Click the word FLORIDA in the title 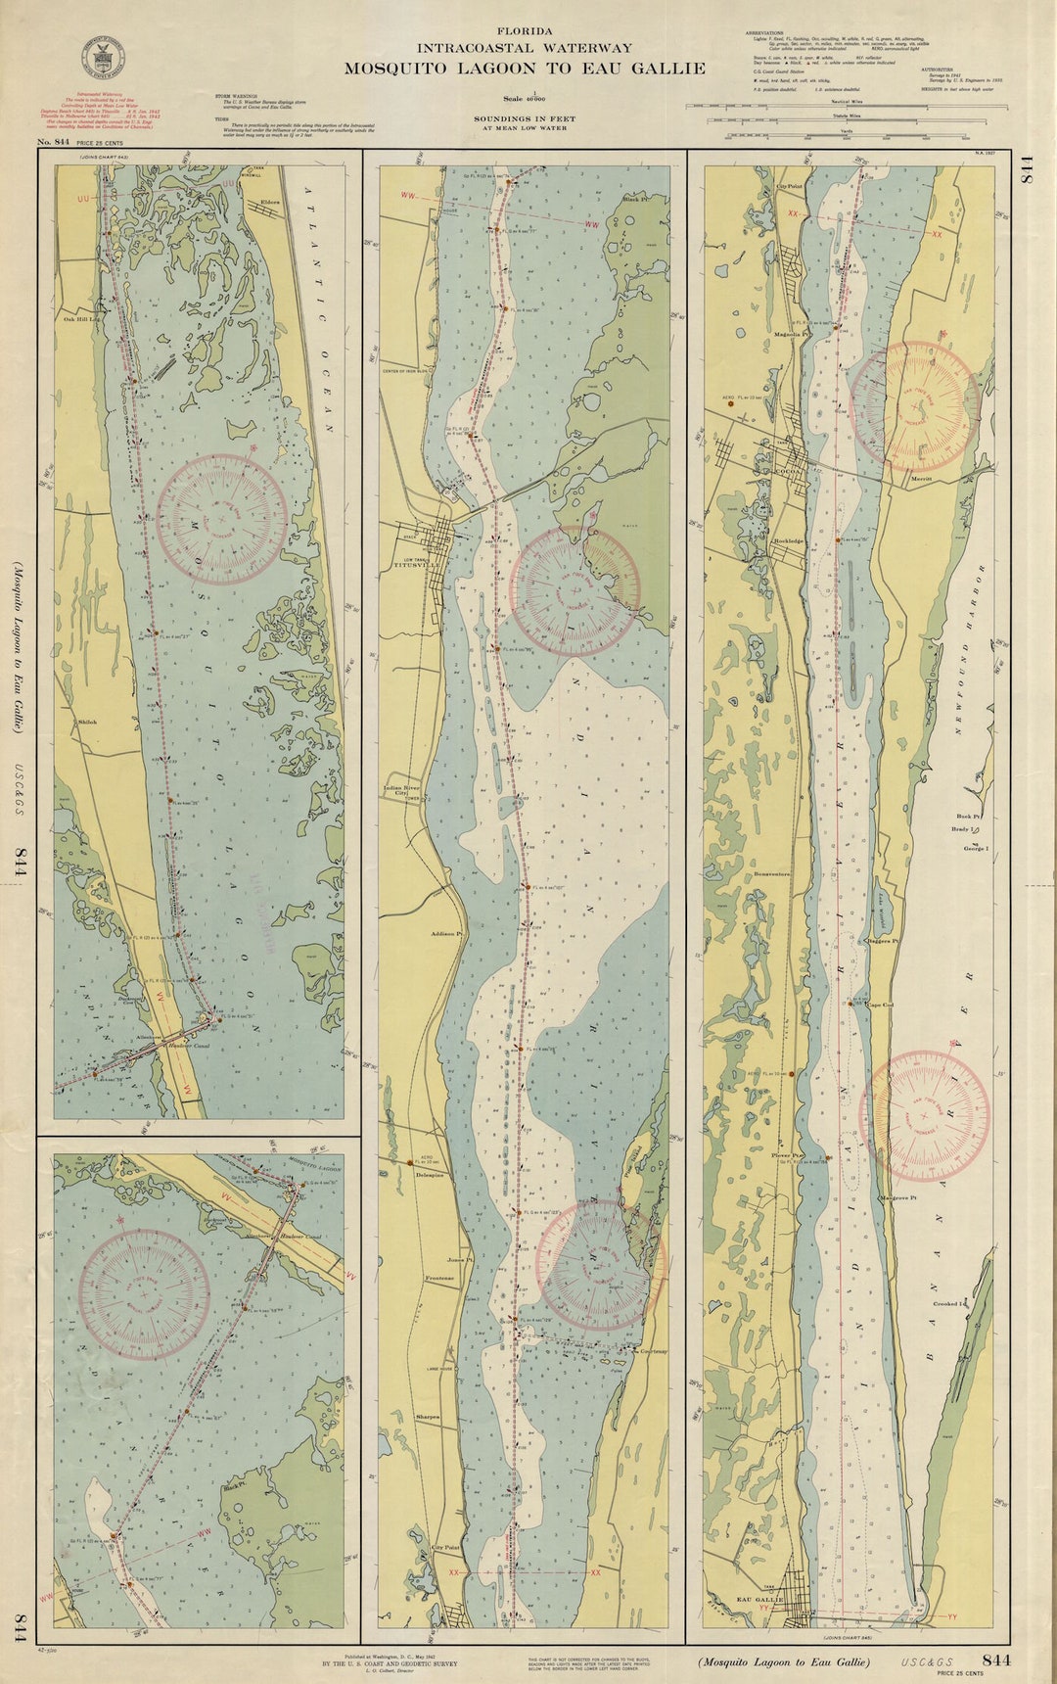point(525,31)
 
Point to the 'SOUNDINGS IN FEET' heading point(525,118)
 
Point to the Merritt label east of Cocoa point(922,478)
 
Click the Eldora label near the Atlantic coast point(270,203)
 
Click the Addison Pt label point(445,934)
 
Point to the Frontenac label point(440,1279)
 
